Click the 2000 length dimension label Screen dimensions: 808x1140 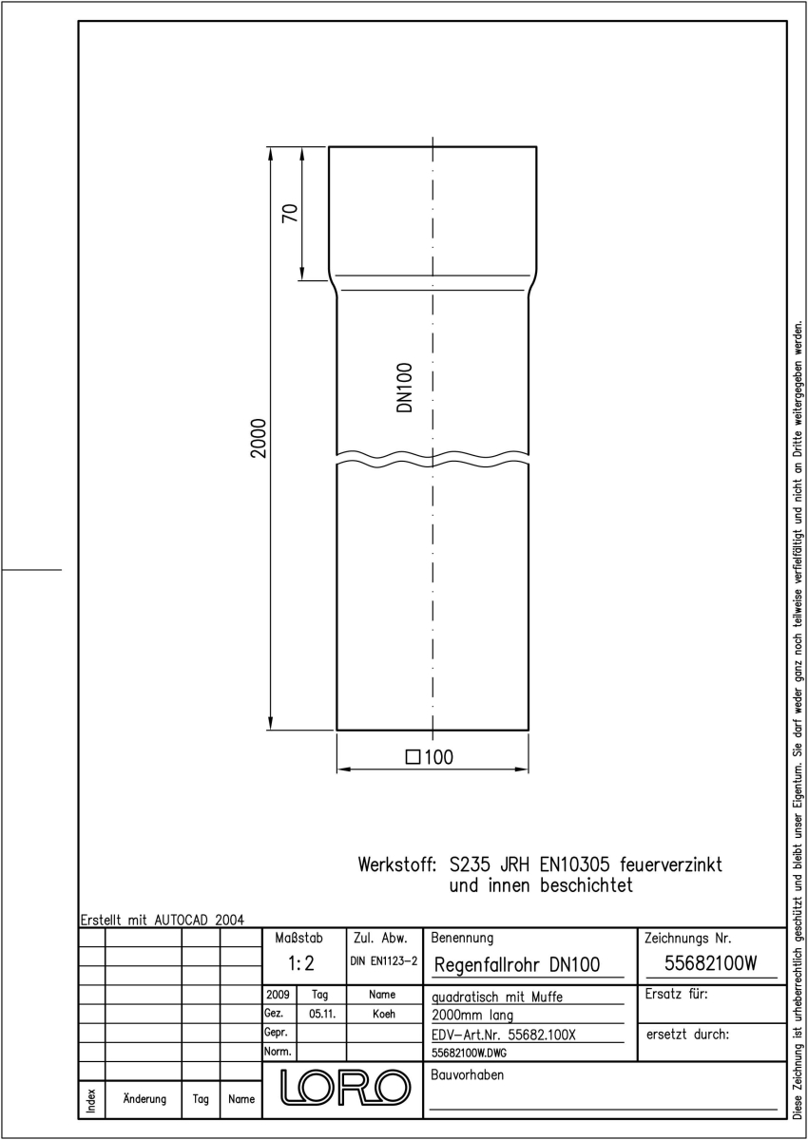point(259,438)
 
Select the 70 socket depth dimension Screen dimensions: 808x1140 point(290,213)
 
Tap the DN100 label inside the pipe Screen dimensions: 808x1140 point(404,388)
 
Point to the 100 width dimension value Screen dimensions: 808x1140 point(438,757)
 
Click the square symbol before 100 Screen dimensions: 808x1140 point(413,757)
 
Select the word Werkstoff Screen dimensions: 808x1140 point(397,864)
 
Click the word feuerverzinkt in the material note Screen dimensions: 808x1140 point(670,864)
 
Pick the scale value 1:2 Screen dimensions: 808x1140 point(301,963)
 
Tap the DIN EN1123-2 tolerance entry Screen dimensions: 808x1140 point(384,960)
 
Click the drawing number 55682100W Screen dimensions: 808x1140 point(711,963)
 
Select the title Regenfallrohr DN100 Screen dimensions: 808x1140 point(517,964)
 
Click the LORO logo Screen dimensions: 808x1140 point(345,1087)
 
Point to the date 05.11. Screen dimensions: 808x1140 point(322,1014)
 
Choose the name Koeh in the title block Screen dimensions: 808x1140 point(384,1014)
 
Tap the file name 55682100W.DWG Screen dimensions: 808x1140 point(469,1053)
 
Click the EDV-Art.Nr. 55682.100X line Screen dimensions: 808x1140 point(504,1035)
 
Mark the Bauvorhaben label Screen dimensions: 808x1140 point(468,1074)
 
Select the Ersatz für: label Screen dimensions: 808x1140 point(676,994)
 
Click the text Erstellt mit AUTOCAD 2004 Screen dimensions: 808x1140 point(163,921)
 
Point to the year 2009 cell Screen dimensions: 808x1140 point(278,995)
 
